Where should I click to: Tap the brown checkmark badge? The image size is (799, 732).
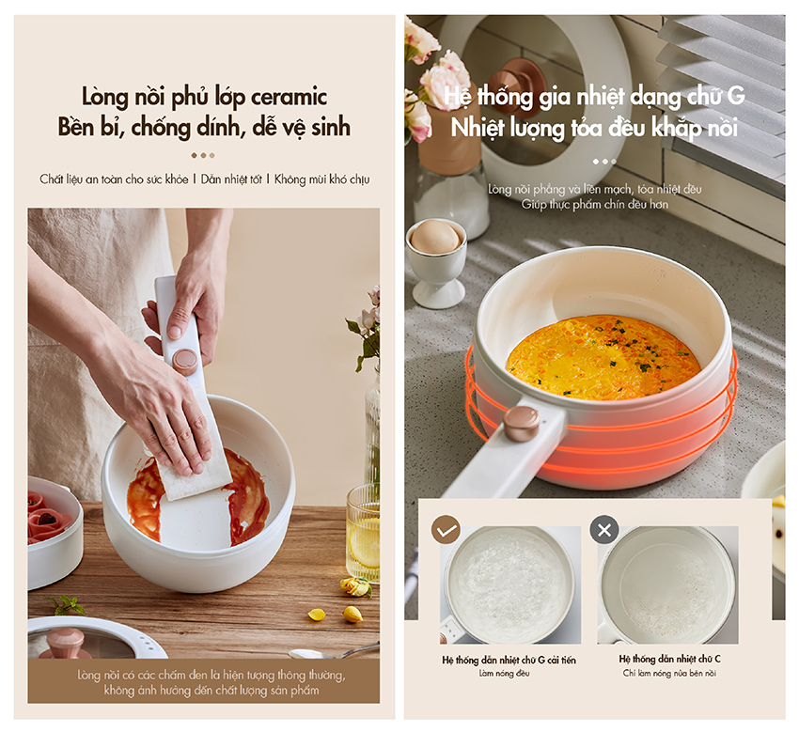coord(446,530)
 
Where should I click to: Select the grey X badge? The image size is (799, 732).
coord(604,530)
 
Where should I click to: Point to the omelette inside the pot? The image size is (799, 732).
coord(603,356)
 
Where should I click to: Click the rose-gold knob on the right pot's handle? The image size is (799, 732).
coord(522,422)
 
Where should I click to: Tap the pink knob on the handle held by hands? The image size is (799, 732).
coord(185,361)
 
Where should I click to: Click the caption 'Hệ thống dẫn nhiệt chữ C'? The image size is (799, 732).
coord(669,659)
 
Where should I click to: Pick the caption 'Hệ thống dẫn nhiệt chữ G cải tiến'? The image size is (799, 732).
coord(509,660)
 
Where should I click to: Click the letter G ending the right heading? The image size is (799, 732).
coord(736,96)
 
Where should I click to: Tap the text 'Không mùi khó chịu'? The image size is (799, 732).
coord(322,179)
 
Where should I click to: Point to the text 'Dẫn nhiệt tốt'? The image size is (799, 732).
coord(231,179)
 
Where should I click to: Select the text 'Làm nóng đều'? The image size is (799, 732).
coord(504,674)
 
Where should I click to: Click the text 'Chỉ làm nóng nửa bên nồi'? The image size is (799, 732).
coord(669,674)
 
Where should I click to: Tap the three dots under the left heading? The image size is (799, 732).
coord(203,155)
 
